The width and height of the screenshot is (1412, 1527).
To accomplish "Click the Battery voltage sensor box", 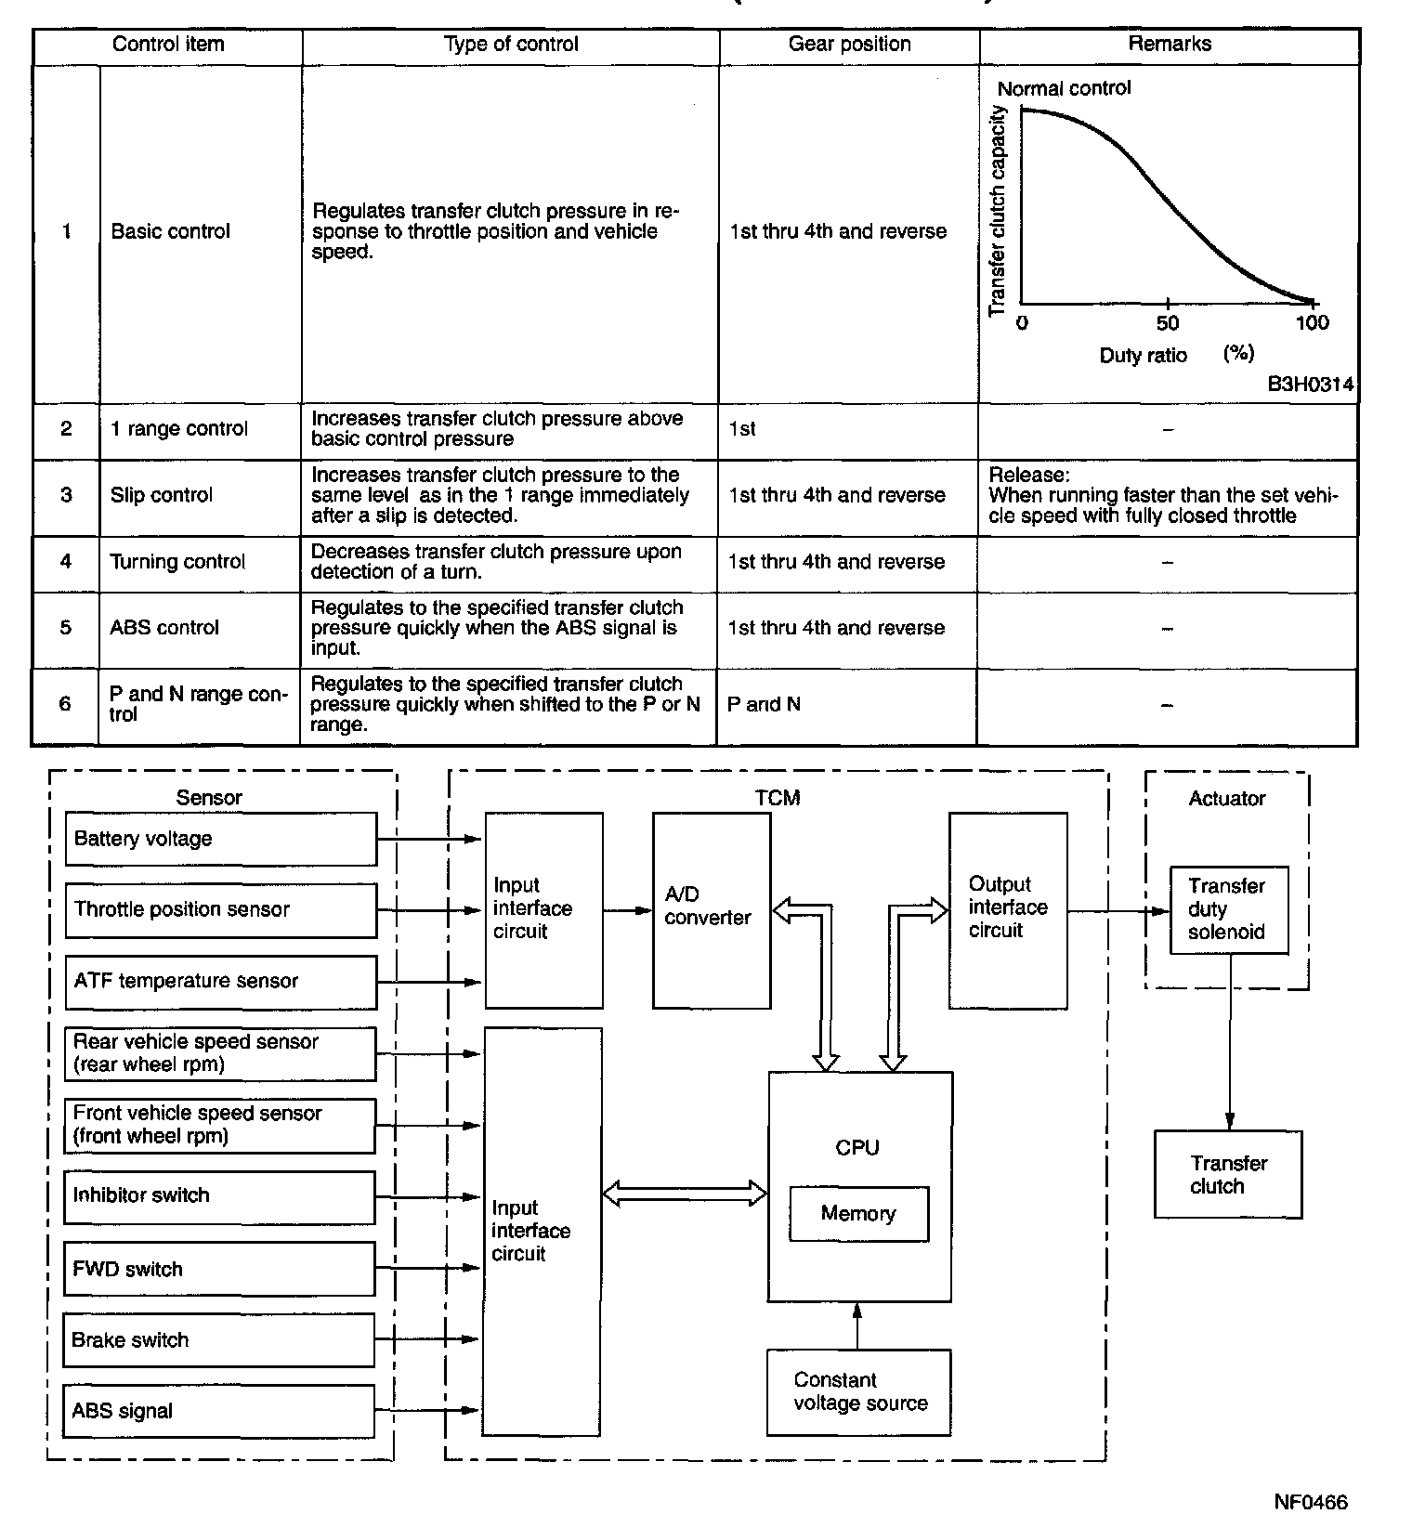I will pos(220,839).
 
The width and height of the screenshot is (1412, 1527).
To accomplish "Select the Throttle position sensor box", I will pos(220,910).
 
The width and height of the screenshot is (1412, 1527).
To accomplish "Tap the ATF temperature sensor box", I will pos(220,982).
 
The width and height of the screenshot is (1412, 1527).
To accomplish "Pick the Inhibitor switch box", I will pos(219,1196).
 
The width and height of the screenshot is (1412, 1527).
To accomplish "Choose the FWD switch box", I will pos(219,1269).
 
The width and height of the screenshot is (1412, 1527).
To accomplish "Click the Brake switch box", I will pos(219,1339).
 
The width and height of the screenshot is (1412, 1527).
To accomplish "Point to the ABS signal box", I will pos(219,1411).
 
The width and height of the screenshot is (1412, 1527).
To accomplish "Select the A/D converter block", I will pos(711,910).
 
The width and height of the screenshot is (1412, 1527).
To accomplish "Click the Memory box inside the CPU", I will pos(858,1213).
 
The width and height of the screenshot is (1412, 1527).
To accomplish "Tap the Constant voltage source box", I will pos(858,1391).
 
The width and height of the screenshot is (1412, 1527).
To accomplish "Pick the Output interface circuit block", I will pos(1007,910).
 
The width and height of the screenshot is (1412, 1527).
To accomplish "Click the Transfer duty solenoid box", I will pos(1228,910).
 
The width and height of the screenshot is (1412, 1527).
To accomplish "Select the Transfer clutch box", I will pos(1227,1174).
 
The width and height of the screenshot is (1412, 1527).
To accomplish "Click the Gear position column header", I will pos(848,45).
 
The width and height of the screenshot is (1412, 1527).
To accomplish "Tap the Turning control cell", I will pos(200,562).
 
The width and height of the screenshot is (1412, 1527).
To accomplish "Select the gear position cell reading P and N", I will pos(847,705).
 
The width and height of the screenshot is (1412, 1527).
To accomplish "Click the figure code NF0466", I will pos(1310,1502).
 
